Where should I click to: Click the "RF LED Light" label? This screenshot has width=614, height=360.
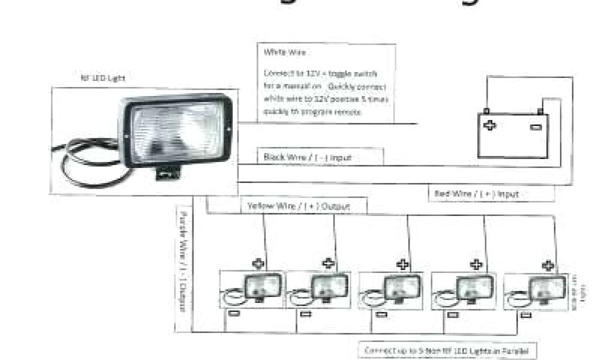[103, 78]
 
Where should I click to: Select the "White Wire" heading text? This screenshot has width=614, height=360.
[285, 53]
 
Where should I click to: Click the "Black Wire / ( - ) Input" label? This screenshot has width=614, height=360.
[308, 157]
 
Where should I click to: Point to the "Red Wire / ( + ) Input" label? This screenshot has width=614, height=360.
[475, 194]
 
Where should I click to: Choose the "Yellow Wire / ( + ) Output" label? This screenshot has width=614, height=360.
[299, 206]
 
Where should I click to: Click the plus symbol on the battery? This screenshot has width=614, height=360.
[490, 126]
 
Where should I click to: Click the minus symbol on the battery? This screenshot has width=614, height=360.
[536, 127]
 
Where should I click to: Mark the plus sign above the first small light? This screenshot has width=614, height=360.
[258, 263]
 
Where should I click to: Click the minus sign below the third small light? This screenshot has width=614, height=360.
[381, 314]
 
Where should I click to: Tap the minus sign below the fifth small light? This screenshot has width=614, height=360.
[526, 314]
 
